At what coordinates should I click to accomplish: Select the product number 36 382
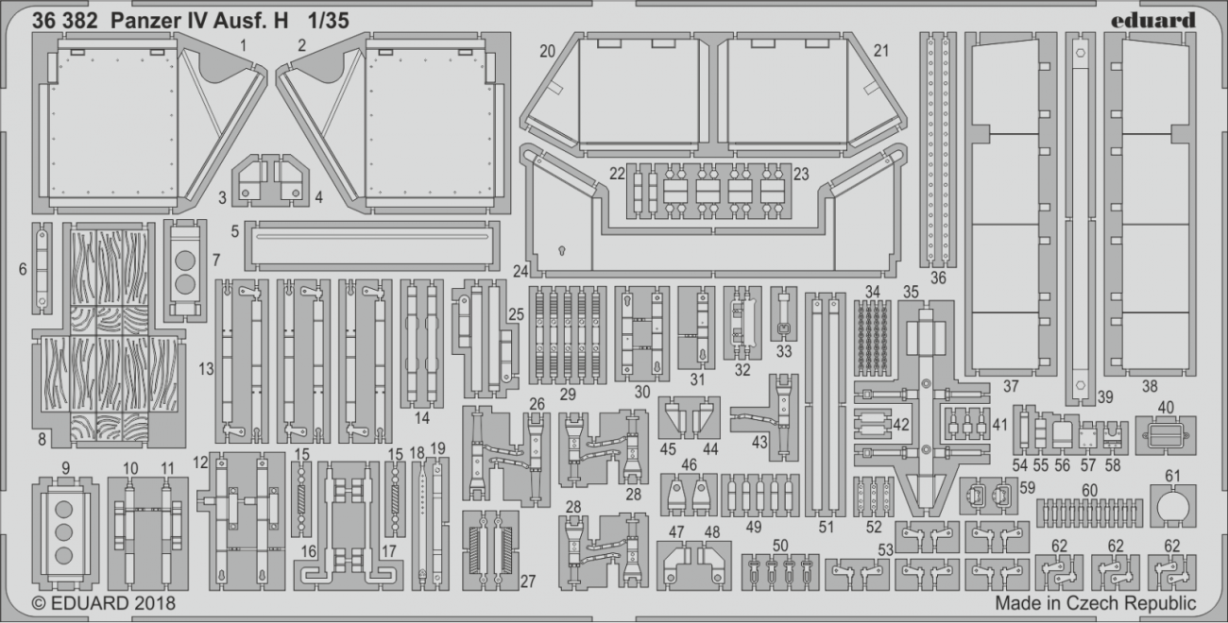[x=62, y=21]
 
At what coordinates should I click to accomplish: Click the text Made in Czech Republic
[x=1095, y=602]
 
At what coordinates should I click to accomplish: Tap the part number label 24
[x=519, y=272]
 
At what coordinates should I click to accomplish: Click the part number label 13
[x=206, y=370]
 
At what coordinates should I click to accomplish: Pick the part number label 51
[x=827, y=528]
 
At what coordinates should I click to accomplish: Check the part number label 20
[x=547, y=51]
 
